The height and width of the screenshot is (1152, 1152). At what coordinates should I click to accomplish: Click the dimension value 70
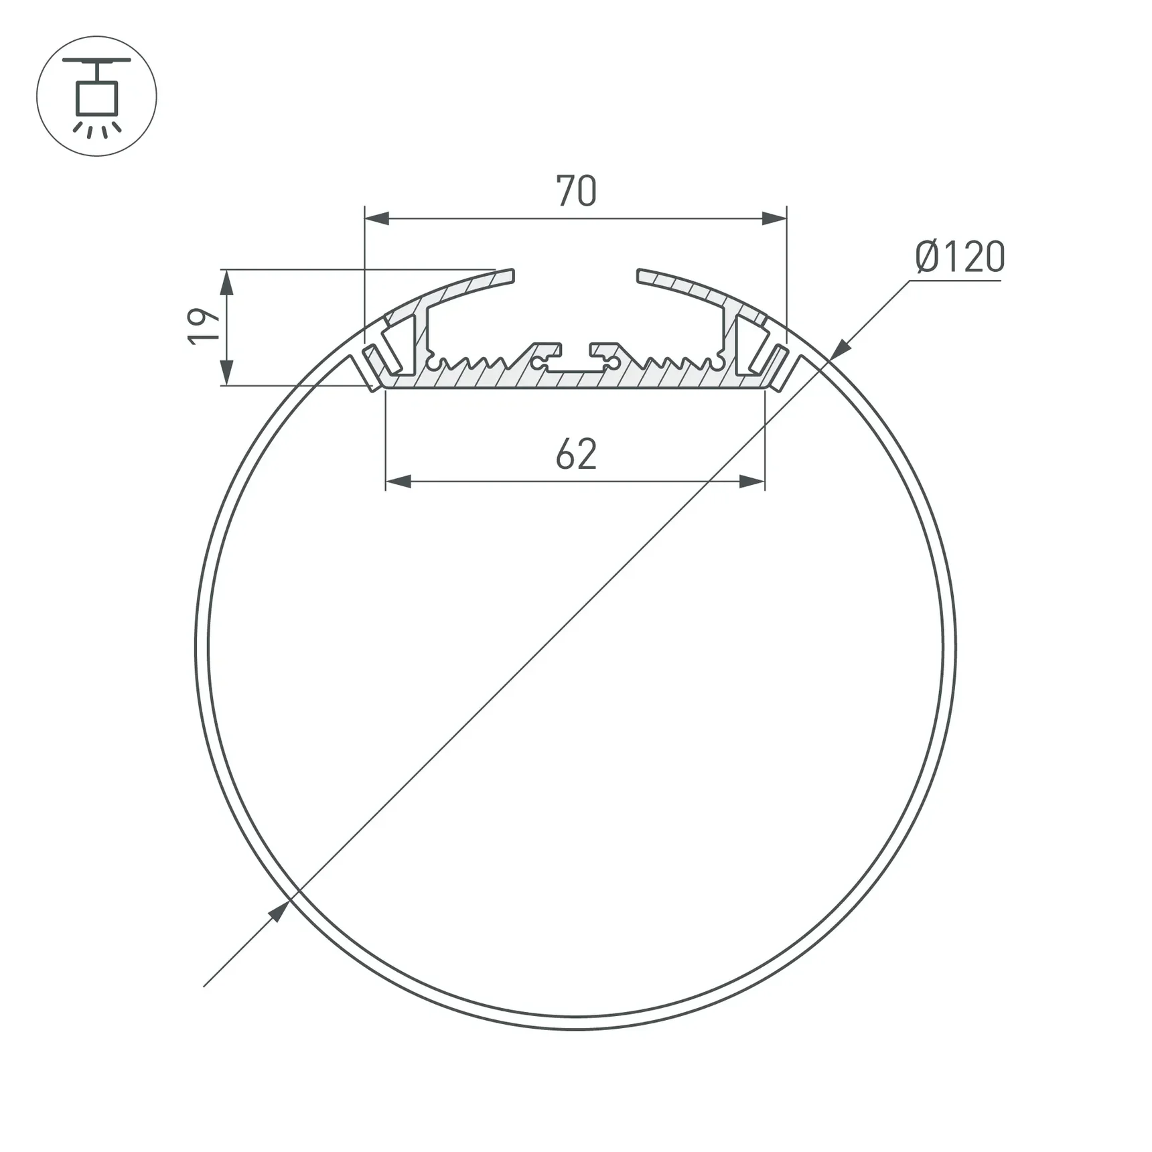pyautogui.click(x=576, y=191)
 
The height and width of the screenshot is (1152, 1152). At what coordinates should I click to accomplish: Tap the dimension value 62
pyautogui.click(x=576, y=454)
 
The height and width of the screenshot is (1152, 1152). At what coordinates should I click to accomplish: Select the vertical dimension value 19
pyautogui.click(x=204, y=327)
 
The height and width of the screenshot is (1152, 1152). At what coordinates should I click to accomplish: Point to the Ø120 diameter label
pyautogui.click(x=960, y=257)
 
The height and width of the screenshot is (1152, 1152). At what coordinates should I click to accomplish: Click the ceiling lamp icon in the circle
pyautogui.click(x=96, y=96)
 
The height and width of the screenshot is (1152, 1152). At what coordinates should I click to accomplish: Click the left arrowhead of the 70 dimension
pyautogui.click(x=377, y=218)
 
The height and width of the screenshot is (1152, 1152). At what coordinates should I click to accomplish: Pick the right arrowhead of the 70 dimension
pyautogui.click(x=774, y=218)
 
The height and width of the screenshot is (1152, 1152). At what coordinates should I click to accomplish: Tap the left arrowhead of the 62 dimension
pyautogui.click(x=399, y=482)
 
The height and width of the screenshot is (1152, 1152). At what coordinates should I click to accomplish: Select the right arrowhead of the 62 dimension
pyautogui.click(x=752, y=482)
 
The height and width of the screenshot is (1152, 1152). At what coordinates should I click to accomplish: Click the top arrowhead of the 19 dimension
pyautogui.click(x=226, y=283)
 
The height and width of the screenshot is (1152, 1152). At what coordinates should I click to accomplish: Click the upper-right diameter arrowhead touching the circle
pyautogui.click(x=840, y=350)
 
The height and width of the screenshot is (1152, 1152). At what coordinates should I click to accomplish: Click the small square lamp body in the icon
pyautogui.click(x=97, y=98)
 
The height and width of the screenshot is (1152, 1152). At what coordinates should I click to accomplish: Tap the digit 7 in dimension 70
pyautogui.click(x=565, y=191)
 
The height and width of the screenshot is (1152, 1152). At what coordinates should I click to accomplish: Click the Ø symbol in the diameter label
pyautogui.click(x=928, y=257)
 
